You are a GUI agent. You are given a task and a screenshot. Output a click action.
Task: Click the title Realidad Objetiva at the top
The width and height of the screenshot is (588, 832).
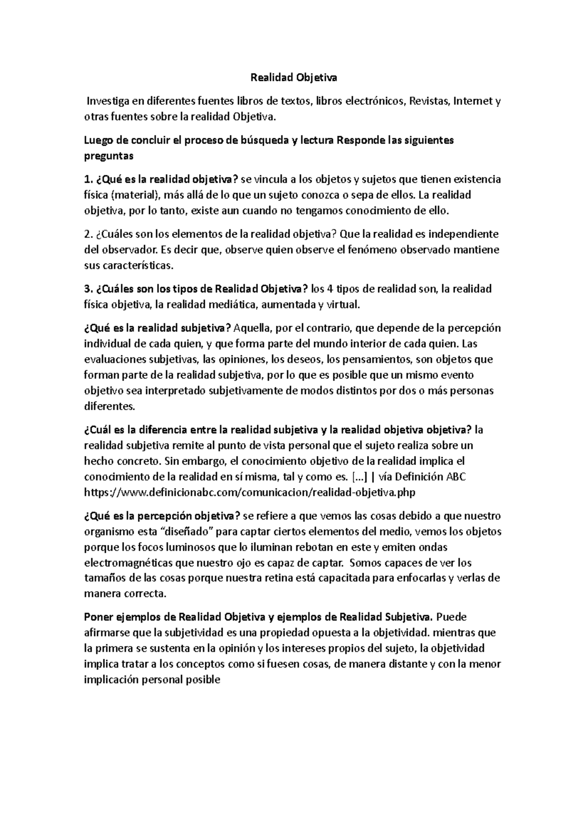coord(294,77)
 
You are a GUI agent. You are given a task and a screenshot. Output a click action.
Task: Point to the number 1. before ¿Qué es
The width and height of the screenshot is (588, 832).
coord(88,179)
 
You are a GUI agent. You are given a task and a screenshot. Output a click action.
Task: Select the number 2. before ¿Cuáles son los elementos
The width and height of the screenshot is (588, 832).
coord(88,234)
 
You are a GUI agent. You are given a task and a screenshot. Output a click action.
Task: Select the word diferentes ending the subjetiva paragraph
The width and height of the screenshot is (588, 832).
coord(108,406)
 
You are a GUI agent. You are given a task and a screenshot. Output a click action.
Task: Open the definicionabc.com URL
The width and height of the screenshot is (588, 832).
coord(250,492)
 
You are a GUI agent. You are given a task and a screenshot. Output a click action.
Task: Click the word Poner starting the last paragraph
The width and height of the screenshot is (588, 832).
coord(98,617)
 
